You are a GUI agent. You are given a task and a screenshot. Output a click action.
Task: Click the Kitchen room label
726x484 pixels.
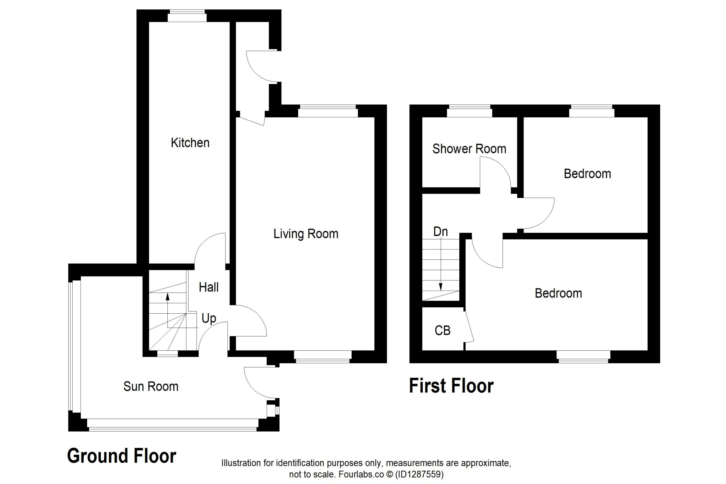pos(190,143)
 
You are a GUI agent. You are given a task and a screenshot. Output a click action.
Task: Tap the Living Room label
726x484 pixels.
pos(306,234)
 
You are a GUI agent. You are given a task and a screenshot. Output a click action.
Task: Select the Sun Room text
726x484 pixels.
pos(151,386)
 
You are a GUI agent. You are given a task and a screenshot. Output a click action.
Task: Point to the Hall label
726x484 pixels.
pos(209,288)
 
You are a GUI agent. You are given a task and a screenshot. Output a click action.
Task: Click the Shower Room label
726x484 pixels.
pos(469,149)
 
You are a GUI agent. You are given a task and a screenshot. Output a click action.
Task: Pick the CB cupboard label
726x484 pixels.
pos(442,331)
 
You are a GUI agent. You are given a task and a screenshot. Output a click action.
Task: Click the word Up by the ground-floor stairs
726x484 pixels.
pos(209,318)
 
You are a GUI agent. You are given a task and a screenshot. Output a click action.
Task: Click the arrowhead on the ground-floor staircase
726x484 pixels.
pos(168,297)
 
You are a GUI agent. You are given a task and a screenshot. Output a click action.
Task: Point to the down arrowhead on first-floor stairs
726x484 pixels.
pos(440,287)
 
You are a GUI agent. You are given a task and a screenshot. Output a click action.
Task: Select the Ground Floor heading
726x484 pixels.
pos(122,456)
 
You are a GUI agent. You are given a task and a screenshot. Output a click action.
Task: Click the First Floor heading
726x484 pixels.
pos(451,386)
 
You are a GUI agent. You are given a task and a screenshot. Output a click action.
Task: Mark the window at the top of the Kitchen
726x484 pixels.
pos(187,16)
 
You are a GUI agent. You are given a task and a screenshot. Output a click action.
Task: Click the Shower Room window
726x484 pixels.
pos(470,111)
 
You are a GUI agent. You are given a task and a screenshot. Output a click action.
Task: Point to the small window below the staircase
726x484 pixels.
pos(168,354)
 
